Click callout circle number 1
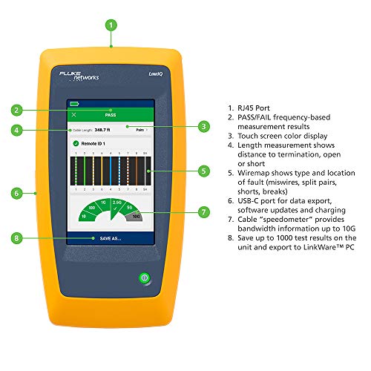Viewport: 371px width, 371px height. (x=111, y=24)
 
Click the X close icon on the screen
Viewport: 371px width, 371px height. (x=73, y=116)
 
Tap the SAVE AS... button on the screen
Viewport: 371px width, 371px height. (x=109, y=238)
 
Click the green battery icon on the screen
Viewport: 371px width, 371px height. (x=74, y=105)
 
